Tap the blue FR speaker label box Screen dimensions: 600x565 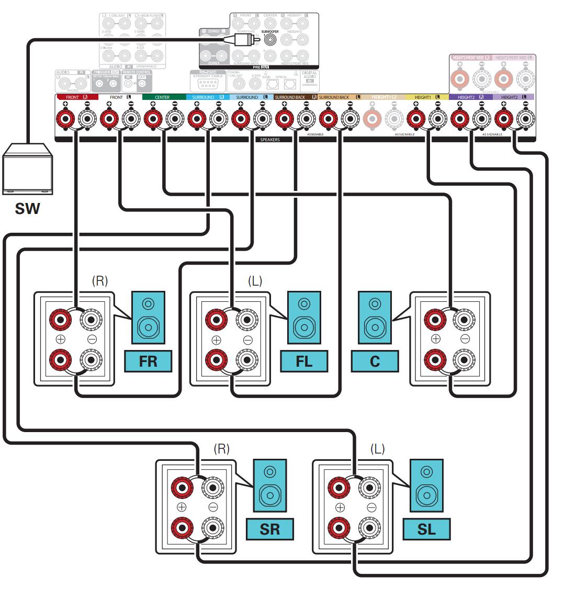148,361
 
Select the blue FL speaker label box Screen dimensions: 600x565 304,361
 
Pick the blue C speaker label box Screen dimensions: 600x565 375,361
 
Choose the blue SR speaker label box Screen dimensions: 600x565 269,529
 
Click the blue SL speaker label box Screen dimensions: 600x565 426,529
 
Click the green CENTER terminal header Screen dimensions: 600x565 163,98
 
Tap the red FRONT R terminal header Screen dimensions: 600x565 76,98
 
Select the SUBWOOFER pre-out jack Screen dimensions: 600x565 270,39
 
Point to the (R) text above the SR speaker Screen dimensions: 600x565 222,448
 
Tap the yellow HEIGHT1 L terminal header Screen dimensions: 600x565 426,98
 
